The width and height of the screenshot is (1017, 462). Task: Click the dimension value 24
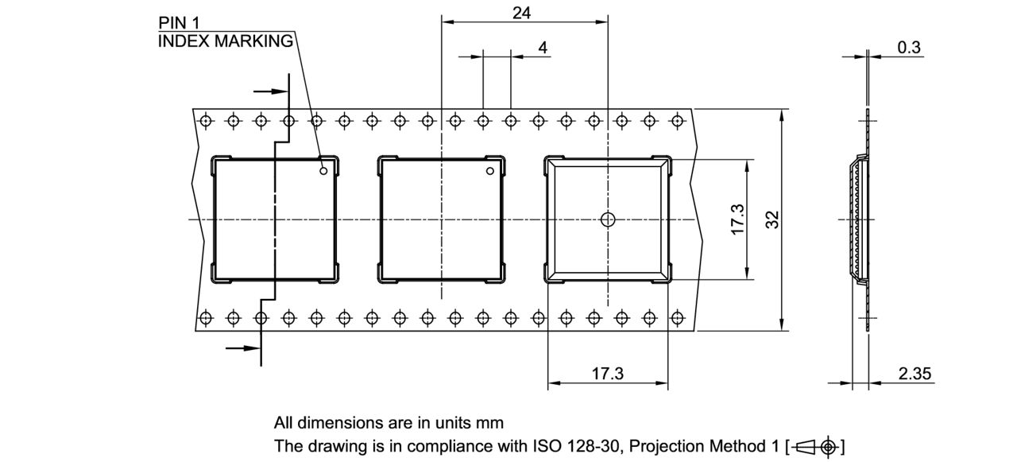click(521, 13)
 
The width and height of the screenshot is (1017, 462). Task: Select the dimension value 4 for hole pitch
click(543, 48)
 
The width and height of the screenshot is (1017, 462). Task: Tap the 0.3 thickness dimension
click(909, 48)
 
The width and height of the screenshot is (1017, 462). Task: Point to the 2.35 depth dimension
click(915, 374)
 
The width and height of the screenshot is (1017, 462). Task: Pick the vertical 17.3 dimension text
click(737, 219)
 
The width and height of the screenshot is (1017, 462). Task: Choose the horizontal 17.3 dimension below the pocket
click(607, 374)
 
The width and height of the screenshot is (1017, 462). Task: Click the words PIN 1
click(179, 25)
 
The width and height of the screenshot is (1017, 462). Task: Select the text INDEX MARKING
click(226, 41)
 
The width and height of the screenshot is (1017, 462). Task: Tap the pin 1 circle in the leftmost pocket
click(323, 170)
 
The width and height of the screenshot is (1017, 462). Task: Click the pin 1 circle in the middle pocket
click(490, 170)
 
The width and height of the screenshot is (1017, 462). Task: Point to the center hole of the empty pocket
click(608, 219)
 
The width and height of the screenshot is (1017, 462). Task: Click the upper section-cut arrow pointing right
click(270, 91)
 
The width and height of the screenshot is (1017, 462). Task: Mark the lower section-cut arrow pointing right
click(243, 347)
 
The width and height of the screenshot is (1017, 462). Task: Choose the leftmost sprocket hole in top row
click(205, 121)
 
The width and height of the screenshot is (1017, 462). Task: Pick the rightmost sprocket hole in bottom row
click(677, 318)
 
